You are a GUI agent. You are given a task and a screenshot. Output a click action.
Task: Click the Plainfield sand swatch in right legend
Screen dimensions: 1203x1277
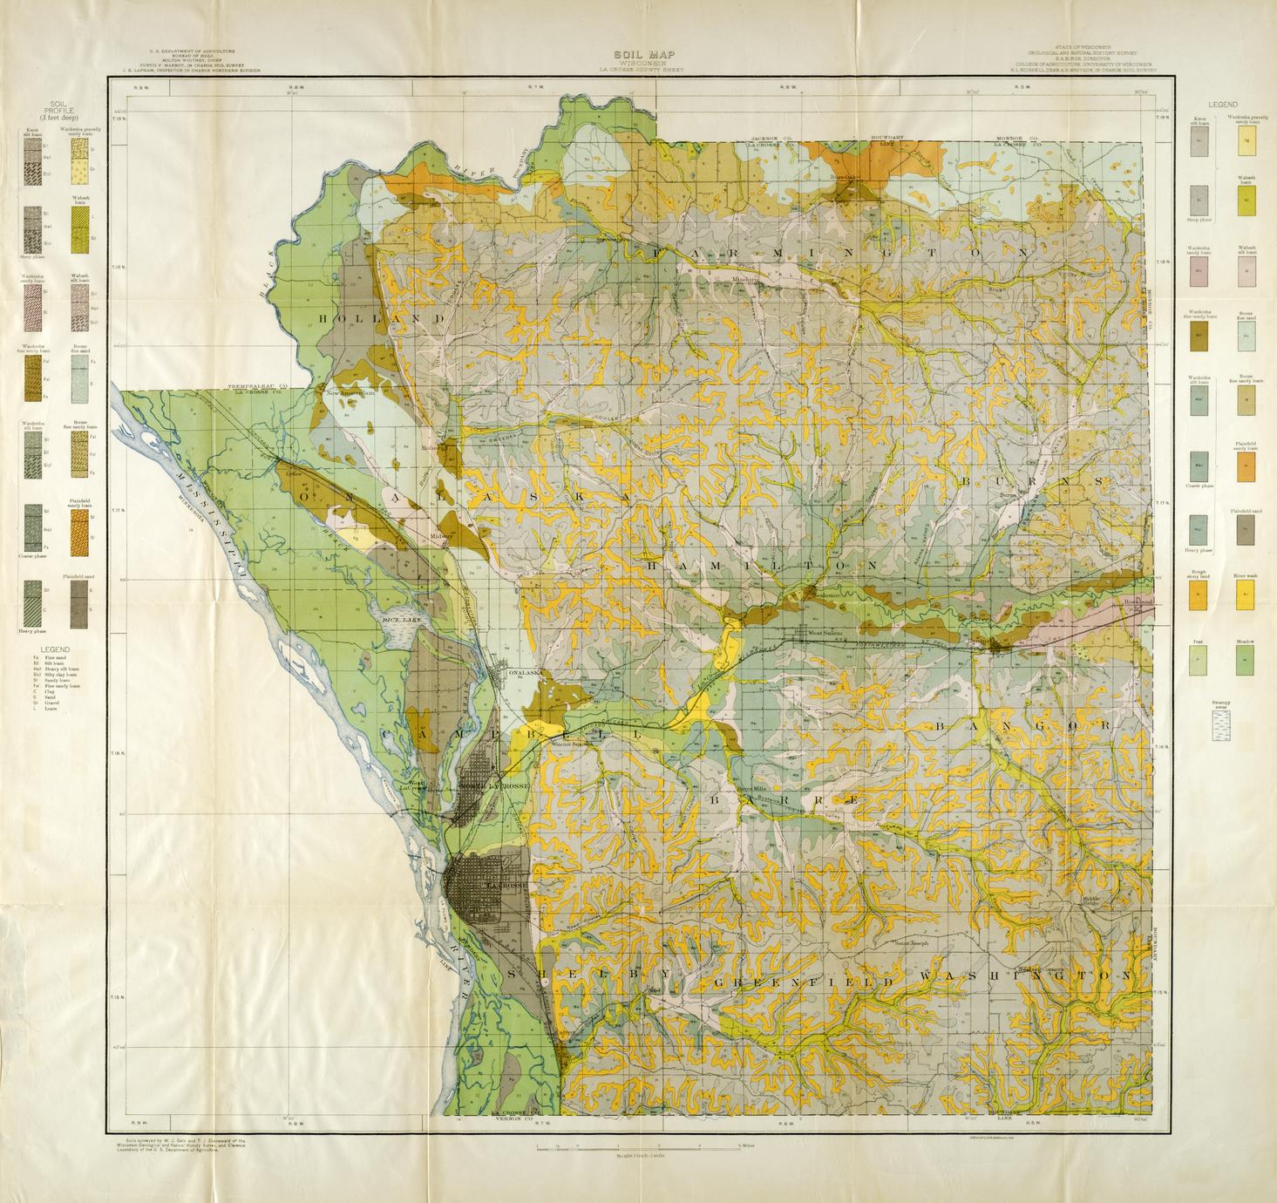(x=1246, y=529)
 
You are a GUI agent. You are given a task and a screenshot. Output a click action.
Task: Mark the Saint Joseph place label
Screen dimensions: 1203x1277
(x=912, y=942)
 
